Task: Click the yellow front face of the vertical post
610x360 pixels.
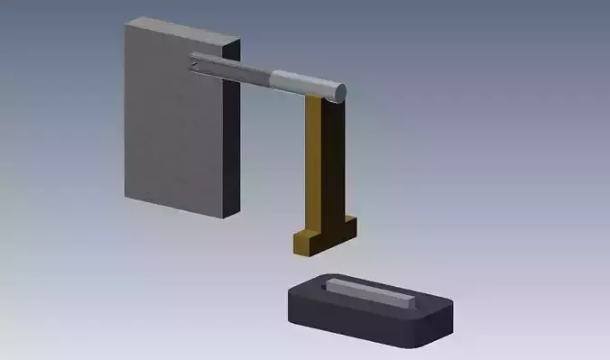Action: coord(313,162)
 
